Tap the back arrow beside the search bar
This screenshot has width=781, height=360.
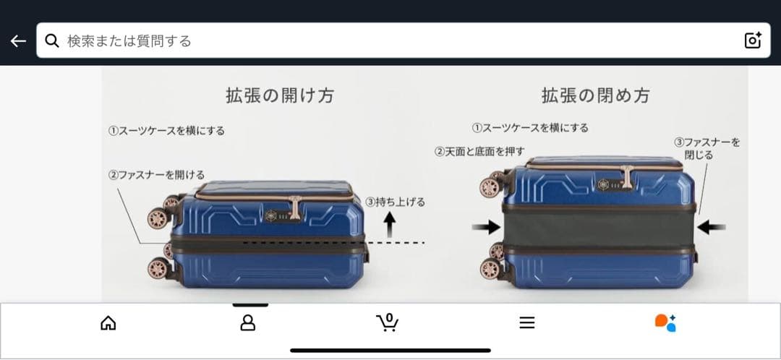18,41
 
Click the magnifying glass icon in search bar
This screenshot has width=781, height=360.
52,40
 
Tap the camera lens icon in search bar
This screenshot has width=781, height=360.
753,40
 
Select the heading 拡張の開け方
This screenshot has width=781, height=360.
280,95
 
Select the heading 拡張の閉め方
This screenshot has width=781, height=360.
595,95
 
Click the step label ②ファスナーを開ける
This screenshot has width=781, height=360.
157,175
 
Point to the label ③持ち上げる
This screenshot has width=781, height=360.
395,202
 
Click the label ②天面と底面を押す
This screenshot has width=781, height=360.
479,151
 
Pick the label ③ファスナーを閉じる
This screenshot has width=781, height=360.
707,148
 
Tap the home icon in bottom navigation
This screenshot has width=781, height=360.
108,323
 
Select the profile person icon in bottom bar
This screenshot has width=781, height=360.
248,323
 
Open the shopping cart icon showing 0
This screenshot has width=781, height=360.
388,322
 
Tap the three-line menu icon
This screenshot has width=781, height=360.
527,323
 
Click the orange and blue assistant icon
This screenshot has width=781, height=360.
665,323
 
